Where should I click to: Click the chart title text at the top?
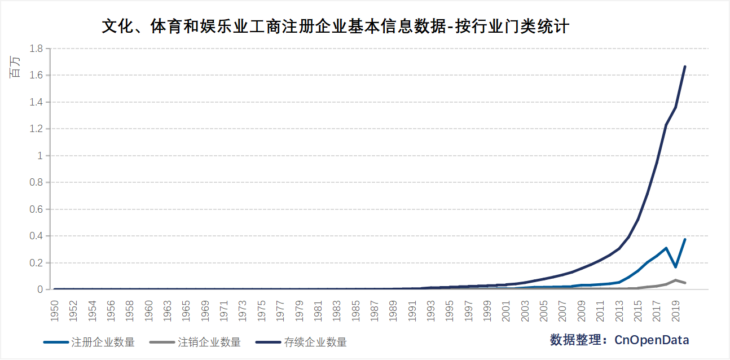point(335,26)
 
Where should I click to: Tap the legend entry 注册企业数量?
point(103,342)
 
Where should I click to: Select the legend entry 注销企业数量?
point(209,342)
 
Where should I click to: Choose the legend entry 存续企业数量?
point(315,342)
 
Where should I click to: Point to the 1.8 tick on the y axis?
point(37,49)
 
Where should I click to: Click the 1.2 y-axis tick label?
point(37,129)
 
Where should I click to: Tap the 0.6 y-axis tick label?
point(37,209)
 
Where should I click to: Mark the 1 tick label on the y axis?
point(40,156)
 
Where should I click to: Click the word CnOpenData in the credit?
point(652,340)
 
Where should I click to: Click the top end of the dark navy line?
point(685,67)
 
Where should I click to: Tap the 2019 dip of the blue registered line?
point(675,267)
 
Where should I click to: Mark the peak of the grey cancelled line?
point(675,280)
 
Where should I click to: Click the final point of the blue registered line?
point(685,239)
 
